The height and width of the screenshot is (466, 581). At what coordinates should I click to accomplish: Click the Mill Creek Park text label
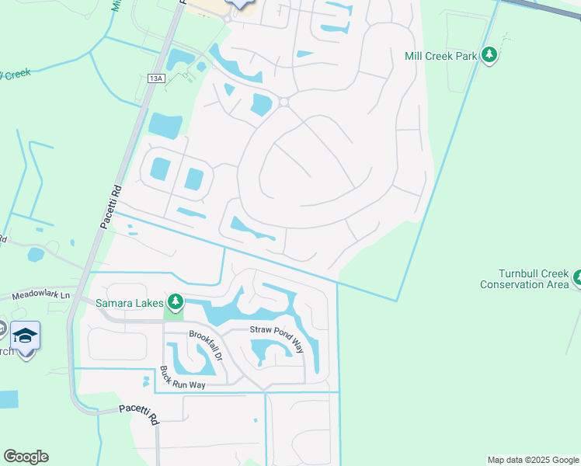point(440,56)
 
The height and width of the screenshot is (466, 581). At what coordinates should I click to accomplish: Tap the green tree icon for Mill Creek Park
point(489,55)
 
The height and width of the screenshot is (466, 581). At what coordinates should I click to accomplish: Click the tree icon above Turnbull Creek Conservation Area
point(579,277)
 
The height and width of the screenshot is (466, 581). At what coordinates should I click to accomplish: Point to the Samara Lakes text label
point(129,302)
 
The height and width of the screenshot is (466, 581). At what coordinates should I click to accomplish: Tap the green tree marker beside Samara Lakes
point(176,301)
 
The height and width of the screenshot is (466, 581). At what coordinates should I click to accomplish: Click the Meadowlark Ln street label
point(40,295)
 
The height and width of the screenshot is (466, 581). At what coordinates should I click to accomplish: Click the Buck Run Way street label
point(186,378)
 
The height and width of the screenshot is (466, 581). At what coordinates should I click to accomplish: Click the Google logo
point(26,457)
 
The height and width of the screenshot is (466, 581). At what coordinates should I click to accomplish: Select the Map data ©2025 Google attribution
point(533,460)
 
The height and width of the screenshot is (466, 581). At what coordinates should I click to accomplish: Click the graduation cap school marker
point(26,336)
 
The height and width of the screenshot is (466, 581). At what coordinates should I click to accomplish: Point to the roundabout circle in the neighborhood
point(284,102)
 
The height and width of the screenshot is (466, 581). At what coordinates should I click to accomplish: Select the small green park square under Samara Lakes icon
point(175,314)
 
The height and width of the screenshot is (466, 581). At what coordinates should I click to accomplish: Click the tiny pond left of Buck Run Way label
point(145,381)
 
